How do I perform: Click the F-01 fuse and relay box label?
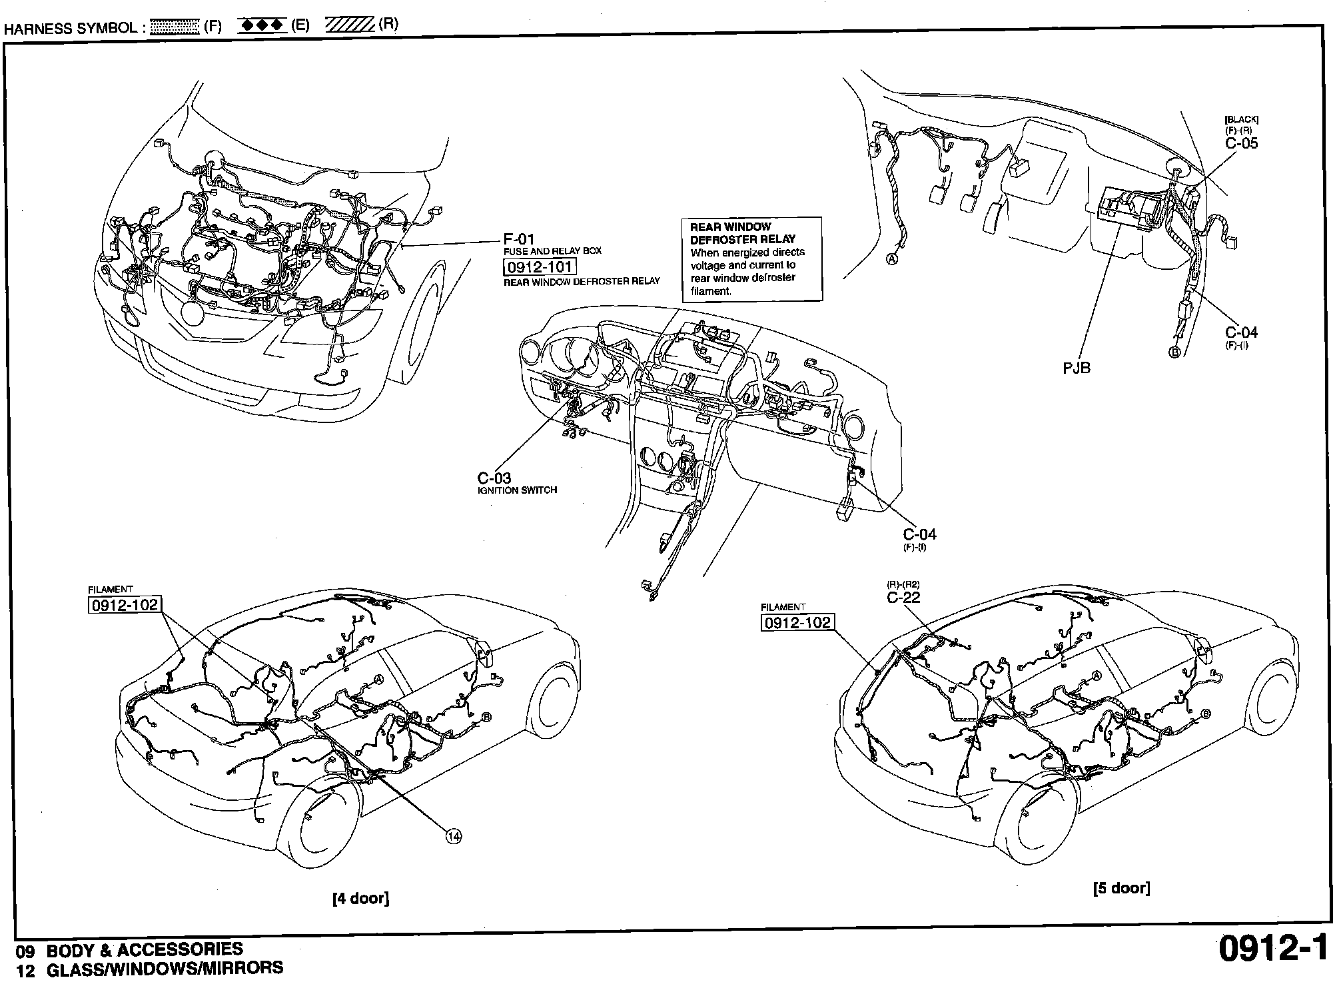point(519,239)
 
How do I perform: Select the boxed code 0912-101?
point(538,267)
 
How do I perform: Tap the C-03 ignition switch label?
point(494,478)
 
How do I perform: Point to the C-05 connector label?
point(1241,143)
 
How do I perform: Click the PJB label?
point(1077,367)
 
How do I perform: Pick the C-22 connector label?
point(903,597)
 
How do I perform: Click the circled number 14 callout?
point(453,837)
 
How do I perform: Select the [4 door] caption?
point(360,898)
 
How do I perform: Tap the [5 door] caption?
point(1121,887)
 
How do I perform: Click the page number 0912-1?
point(1272,949)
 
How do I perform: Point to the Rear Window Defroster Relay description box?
point(751,258)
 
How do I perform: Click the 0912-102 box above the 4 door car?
point(125,604)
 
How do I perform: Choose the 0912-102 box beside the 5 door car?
point(797,622)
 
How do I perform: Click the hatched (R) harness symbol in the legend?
point(349,25)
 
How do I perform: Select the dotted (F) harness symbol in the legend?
point(175,27)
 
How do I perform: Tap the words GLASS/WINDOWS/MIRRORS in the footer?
point(165,969)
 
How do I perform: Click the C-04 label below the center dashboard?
point(919,534)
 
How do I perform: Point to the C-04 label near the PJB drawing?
point(1241,332)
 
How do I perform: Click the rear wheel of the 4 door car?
point(318,823)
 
